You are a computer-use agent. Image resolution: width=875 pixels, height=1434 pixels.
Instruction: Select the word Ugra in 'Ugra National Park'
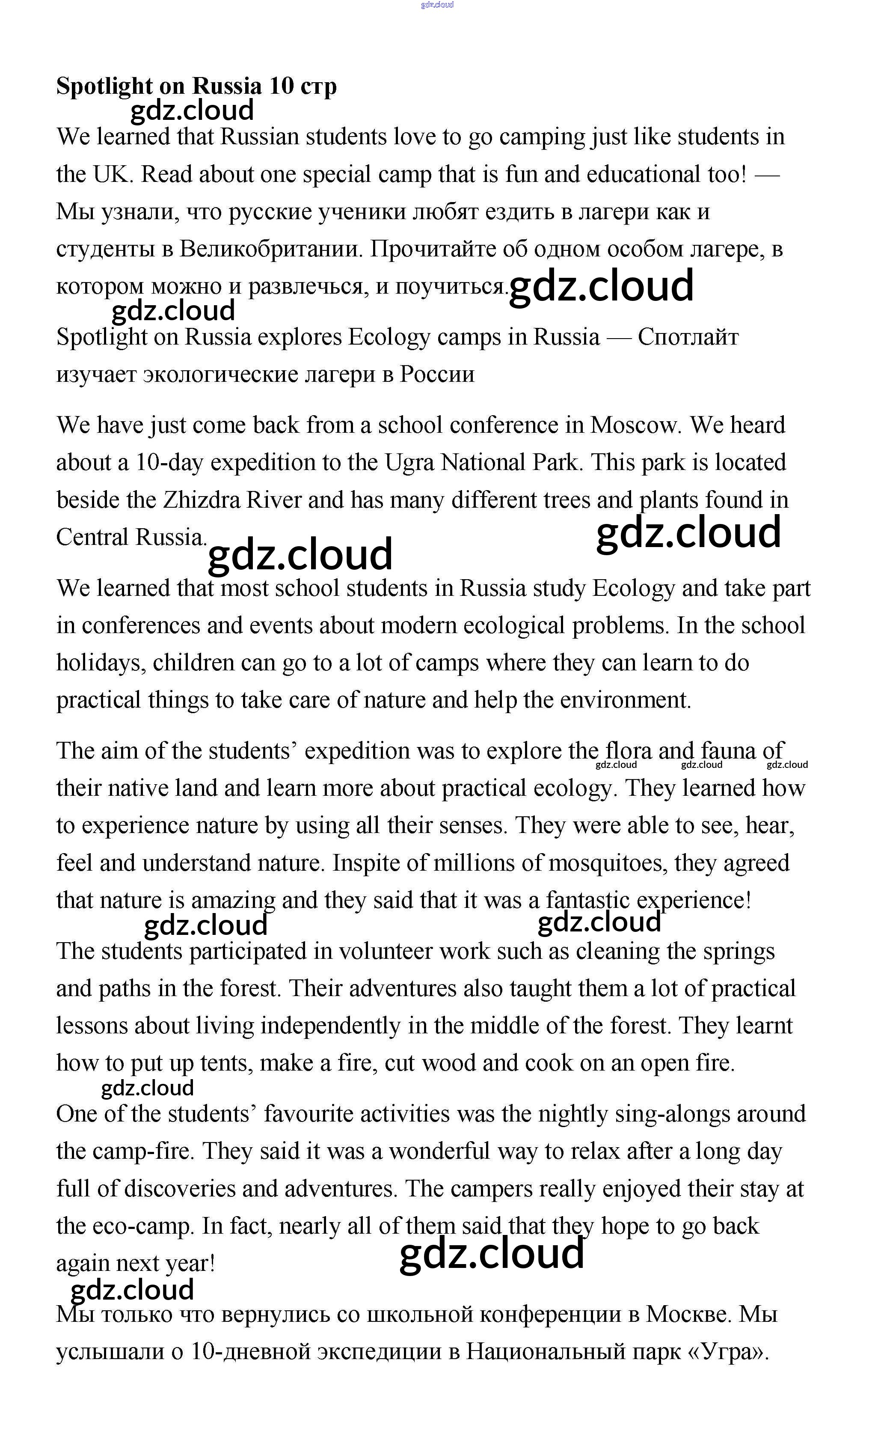[409, 463]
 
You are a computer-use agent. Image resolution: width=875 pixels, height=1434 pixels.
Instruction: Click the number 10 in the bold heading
[282, 86]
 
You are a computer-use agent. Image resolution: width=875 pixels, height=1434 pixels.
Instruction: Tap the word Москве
[689, 1314]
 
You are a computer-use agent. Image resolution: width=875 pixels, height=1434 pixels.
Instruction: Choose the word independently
[330, 1026]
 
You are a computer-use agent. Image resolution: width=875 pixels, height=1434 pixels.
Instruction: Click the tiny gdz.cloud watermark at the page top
[437, 5]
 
